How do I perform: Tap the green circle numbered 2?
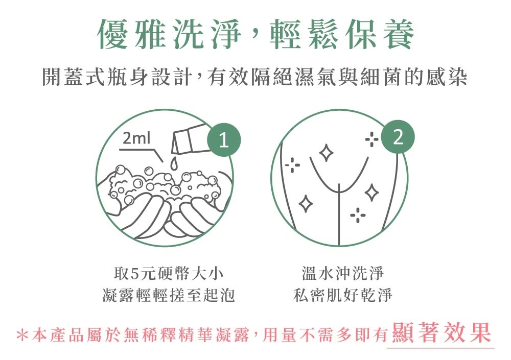coord(399,138)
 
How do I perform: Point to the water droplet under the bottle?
coord(174,163)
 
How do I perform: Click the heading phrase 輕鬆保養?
coord(348,35)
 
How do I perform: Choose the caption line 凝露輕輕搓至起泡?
coord(169,295)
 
